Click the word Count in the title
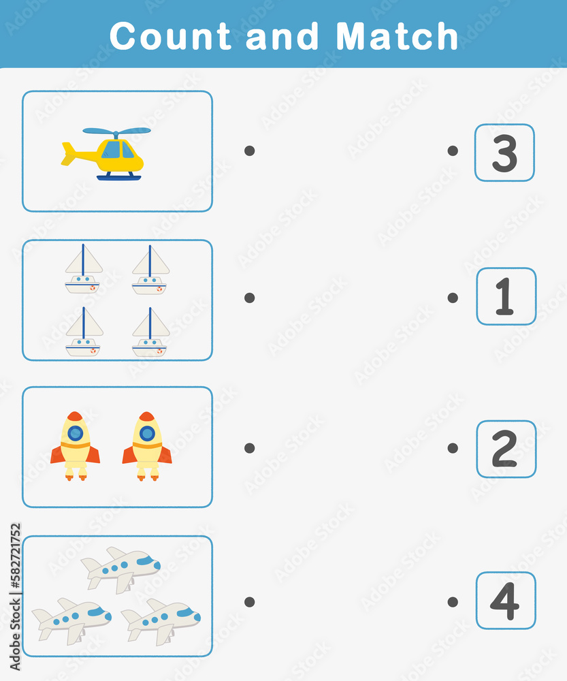pyautogui.click(x=169, y=36)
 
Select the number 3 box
pyautogui.click(x=504, y=153)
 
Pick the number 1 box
pyautogui.click(x=506, y=296)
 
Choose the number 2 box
pyautogui.click(x=506, y=449)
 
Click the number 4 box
pyautogui.click(x=506, y=601)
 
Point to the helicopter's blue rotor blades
pyautogui.click(x=116, y=131)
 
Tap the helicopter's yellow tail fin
pyautogui.click(x=68, y=154)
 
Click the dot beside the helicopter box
pyautogui.click(x=250, y=151)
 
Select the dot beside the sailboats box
pyautogui.click(x=250, y=298)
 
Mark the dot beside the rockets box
pyautogui.click(x=250, y=448)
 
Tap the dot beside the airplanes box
pyautogui.click(x=250, y=601)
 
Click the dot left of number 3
pyautogui.click(x=453, y=151)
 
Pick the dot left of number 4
pyautogui.click(x=453, y=601)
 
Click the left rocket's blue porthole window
pyautogui.click(x=75, y=433)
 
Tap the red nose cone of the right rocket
pyautogui.click(x=147, y=416)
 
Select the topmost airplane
pyautogui.click(x=120, y=569)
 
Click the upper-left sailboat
pyautogui.click(x=83, y=269)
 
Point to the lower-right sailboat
pyautogui.click(x=150, y=332)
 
